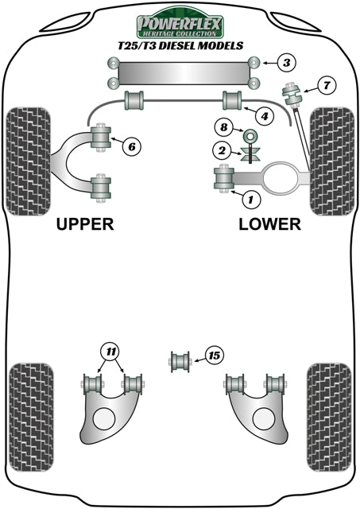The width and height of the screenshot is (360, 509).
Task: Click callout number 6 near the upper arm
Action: coord(131,146)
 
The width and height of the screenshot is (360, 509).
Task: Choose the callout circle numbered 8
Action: coord(224,126)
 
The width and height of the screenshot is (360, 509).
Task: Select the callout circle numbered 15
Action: coord(212,356)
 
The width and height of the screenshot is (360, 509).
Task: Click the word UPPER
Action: coord(86,223)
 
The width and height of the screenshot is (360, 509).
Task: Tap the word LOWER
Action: coord(270,223)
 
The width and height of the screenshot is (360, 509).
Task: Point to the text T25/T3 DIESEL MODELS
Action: coord(180,46)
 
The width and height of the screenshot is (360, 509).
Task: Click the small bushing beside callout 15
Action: coord(180,362)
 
